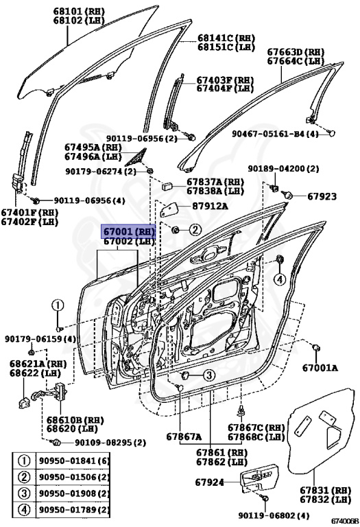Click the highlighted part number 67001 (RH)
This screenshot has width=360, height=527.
(129, 232)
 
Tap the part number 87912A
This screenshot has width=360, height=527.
(210, 205)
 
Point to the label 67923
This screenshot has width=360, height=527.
(322, 197)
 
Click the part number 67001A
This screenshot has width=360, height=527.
(322, 368)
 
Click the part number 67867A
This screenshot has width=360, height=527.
(184, 436)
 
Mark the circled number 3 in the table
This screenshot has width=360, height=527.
(23, 494)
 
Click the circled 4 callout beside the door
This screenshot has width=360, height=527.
(279, 279)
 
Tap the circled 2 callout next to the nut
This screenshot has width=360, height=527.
(195, 229)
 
